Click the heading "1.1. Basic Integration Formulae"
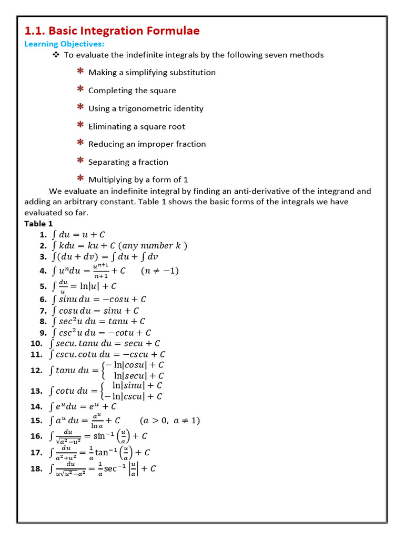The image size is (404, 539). pos(112,31)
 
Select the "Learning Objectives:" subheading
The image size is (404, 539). pos(64,44)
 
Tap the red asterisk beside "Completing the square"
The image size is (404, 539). pos(80,89)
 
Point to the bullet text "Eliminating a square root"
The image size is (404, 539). pos(137,126)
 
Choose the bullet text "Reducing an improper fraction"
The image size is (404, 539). pos(147,144)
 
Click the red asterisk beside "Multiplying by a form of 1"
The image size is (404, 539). pos(80,178)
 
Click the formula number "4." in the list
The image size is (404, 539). pos(43,271)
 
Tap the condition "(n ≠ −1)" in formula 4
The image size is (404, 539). pos(160,271)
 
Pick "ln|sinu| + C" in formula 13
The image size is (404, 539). pos(137,385)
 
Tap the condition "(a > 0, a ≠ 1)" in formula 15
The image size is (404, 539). pos(170,421)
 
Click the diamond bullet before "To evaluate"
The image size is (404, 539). pos(56,55)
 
